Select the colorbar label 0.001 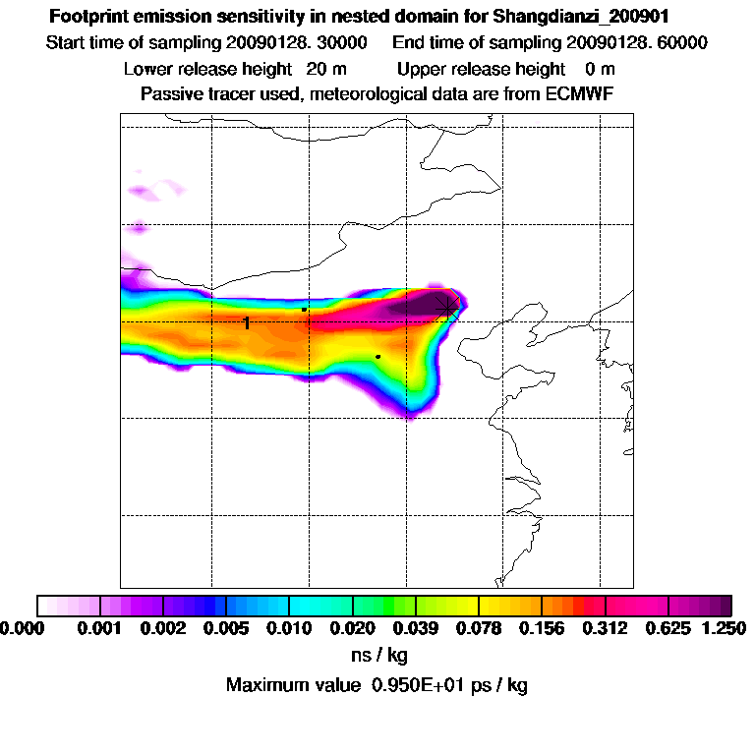[100, 627]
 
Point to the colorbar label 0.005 [226, 627]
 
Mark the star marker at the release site [448, 308]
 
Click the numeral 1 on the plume [247, 322]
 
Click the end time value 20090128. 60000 [636, 43]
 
